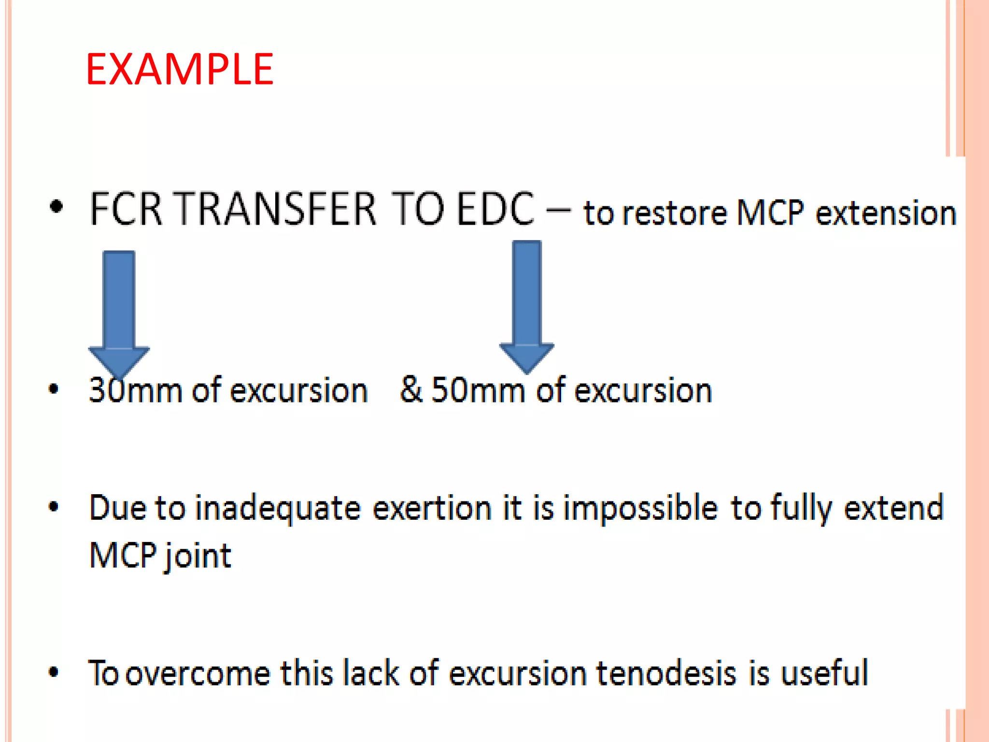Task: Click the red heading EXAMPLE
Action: (x=180, y=70)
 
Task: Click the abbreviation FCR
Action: (x=126, y=209)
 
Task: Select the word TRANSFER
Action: (x=274, y=209)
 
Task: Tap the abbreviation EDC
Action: (x=495, y=209)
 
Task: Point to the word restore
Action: (x=674, y=213)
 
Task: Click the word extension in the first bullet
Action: (x=886, y=213)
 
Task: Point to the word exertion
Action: (x=432, y=509)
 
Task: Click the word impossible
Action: (x=640, y=509)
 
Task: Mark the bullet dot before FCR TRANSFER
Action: (x=57, y=207)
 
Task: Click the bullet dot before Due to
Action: (x=54, y=507)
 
